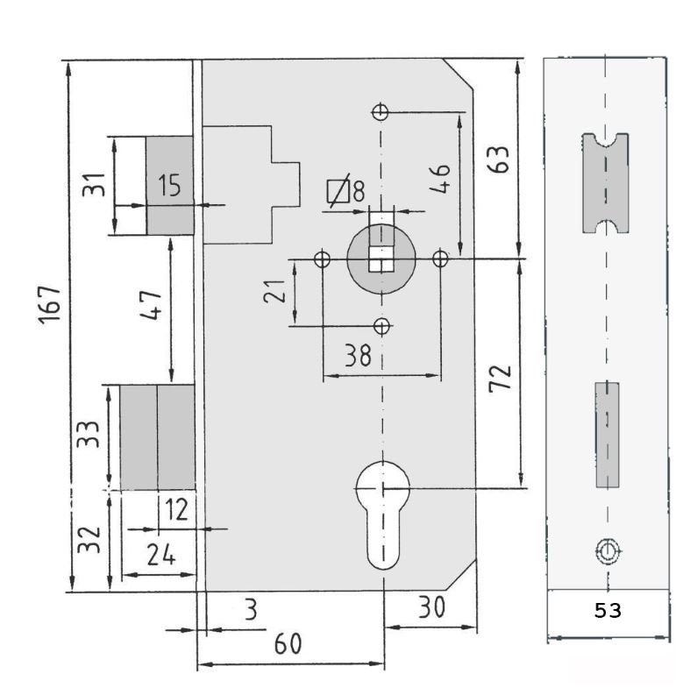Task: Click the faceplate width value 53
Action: coord(607,611)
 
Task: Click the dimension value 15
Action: coord(169,185)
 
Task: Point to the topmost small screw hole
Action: coord(381,111)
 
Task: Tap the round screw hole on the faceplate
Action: coord(607,550)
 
